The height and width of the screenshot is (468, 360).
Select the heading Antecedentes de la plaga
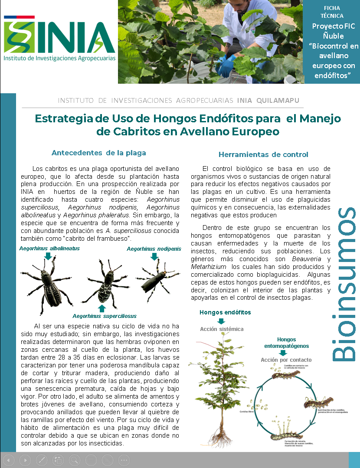click(98, 153)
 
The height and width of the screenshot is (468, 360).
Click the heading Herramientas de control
click(263, 154)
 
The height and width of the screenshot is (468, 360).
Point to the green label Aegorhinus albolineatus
click(49, 249)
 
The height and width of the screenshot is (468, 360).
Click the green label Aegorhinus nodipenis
click(154, 249)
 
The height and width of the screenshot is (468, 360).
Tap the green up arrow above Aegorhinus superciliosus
click(102, 308)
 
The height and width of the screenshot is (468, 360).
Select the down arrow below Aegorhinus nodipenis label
click(154, 256)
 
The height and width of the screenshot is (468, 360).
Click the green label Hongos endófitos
click(225, 312)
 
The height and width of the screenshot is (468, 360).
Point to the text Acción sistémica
click(222, 329)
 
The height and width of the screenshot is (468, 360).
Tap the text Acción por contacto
click(286, 360)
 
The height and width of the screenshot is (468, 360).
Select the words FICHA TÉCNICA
click(332, 12)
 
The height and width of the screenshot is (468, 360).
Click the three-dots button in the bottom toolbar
click(124, 460)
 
